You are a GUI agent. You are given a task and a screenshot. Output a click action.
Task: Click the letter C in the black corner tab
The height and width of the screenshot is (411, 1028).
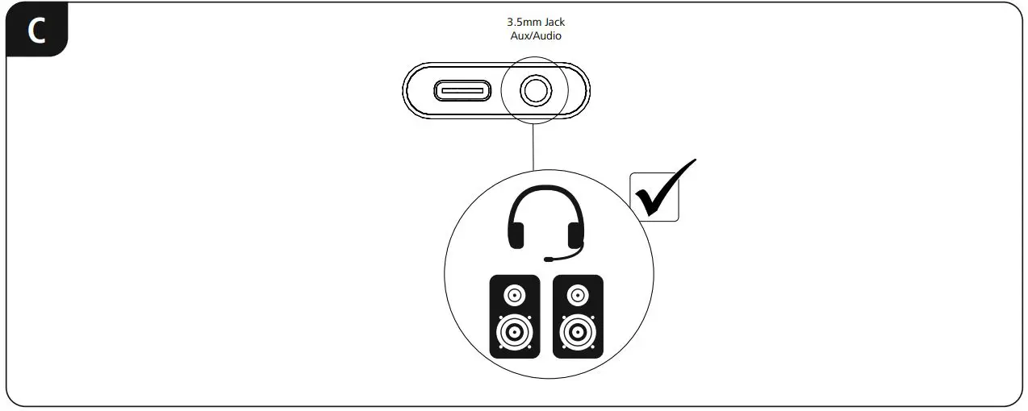(37, 31)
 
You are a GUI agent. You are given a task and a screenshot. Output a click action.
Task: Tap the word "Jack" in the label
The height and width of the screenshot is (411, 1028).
(554, 23)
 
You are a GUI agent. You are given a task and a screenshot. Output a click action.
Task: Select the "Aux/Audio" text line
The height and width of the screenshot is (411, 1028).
(536, 36)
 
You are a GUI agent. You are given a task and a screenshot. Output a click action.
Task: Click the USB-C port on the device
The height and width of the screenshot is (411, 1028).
(462, 90)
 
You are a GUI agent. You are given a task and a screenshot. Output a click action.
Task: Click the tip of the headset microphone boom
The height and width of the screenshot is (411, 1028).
(549, 260)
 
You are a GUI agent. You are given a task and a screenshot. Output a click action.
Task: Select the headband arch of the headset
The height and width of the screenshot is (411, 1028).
(545, 193)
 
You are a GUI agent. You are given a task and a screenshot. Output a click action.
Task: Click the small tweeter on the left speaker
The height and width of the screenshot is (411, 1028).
(514, 296)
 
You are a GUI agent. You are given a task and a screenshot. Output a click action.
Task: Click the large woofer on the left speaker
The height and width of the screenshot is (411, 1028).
(514, 331)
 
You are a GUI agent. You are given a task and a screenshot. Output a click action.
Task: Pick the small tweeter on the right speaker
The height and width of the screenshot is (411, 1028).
(577, 296)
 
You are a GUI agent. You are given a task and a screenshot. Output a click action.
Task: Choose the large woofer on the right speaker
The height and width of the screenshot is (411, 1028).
(577, 331)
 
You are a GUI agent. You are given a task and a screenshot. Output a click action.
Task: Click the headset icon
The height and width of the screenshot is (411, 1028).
(545, 222)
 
